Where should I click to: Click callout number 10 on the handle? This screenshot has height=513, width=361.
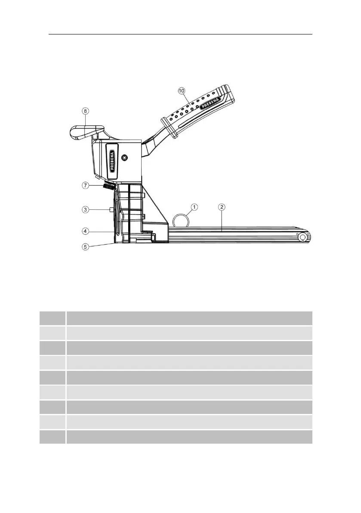(x=182, y=90)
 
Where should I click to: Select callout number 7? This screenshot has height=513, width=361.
(x=86, y=186)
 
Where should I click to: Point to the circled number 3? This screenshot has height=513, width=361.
(x=86, y=210)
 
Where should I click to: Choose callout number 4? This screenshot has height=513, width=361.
(x=86, y=231)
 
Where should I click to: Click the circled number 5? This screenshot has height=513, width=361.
(x=86, y=247)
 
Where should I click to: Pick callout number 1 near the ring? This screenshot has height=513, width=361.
(x=194, y=207)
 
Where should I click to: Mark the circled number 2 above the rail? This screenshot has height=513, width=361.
(x=221, y=207)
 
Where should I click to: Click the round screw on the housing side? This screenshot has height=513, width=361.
(x=125, y=158)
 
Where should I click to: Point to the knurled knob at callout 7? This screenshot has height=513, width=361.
(x=109, y=187)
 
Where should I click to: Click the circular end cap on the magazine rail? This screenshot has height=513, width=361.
(x=302, y=237)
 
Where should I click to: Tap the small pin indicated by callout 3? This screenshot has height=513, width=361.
(x=111, y=210)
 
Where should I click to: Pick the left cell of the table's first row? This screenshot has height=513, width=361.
(x=52, y=318)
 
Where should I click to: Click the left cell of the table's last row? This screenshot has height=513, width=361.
(x=52, y=437)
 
